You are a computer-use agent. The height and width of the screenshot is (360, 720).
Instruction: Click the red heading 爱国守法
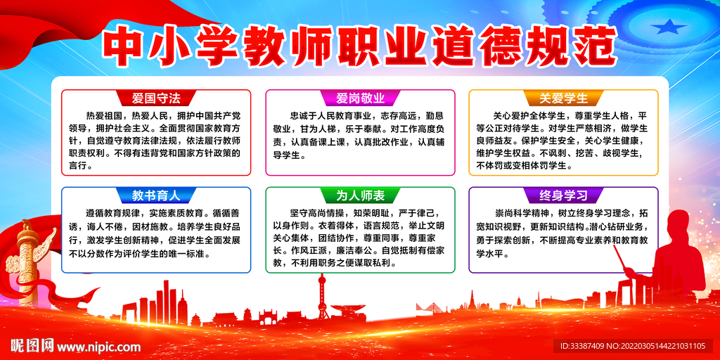156,98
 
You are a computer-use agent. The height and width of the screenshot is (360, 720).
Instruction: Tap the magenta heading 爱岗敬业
360,98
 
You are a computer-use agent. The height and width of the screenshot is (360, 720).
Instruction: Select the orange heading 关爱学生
564,98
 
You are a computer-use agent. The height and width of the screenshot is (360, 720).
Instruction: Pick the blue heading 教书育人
156,195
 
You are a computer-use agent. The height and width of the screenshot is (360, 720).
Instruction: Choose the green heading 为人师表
360,195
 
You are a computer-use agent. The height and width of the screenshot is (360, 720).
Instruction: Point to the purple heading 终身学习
564,195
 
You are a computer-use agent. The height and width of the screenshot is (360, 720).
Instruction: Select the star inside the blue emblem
674,28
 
